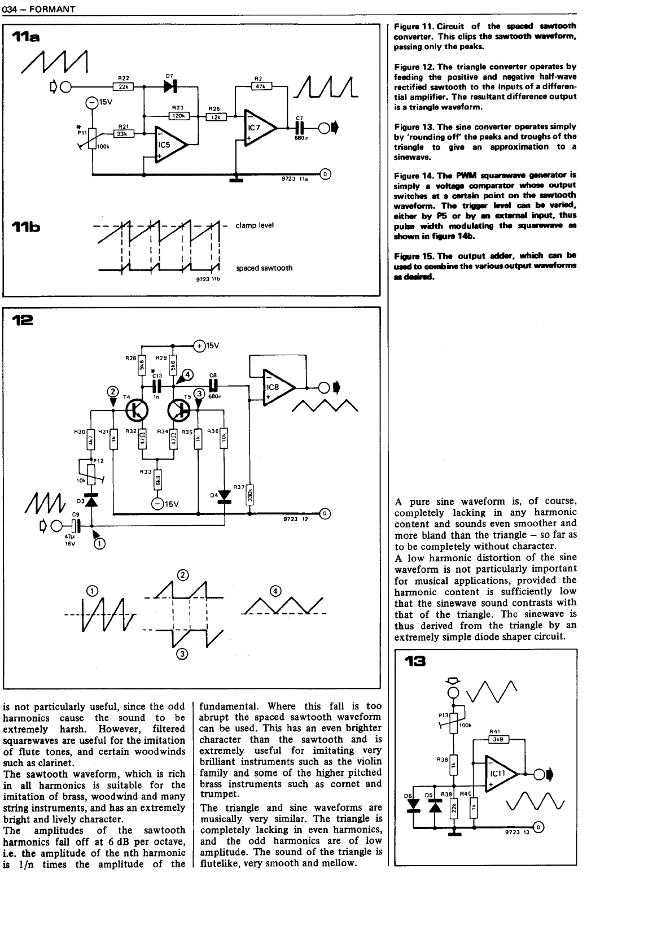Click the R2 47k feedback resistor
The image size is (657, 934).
[261, 86]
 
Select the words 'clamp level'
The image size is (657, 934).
[255, 225]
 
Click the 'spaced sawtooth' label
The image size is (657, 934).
[264, 268]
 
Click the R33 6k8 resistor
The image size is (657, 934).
[157, 479]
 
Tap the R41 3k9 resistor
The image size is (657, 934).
[498, 739]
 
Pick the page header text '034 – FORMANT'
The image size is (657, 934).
[39, 8]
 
